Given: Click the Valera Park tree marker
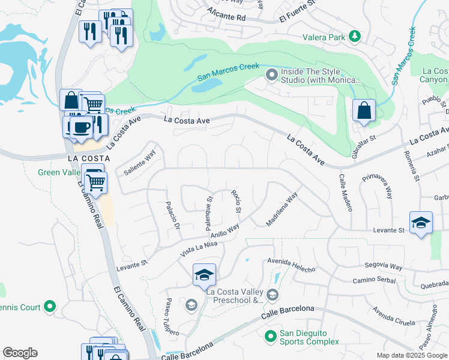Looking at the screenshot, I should click(355, 37).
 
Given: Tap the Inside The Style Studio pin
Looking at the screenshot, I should click(271, 75).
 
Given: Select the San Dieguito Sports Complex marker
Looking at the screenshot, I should click(271, 335).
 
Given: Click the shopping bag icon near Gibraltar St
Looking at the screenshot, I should click(364, 110).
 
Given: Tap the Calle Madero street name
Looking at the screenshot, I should click(345, 193).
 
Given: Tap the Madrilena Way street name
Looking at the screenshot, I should click(282, 209).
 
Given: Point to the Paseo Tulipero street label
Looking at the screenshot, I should click(172, 317).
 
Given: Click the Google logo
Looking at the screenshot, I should click(20, 353).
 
